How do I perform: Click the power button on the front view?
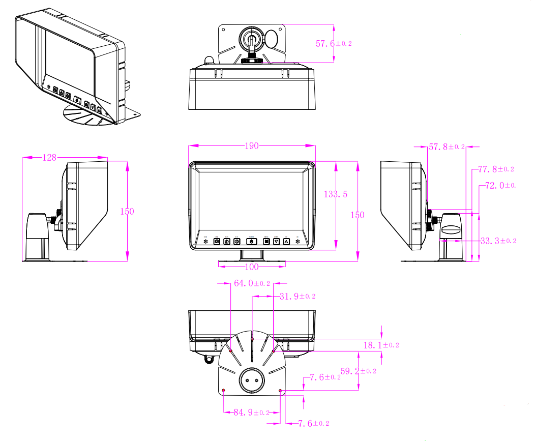coord(251,242)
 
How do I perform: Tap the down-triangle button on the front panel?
coord(276,242)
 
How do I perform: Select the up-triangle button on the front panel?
coord(286,242)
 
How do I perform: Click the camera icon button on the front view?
coord(217,242)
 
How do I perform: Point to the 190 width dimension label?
coord(252,146)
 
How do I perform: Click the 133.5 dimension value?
coord(336,194)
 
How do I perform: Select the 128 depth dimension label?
coord(49,158)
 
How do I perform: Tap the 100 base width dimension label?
coord(252,267)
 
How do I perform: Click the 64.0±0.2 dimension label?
coord(252,284)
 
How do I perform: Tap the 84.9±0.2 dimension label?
coord(251,413)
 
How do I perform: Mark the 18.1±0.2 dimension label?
coord(381,345)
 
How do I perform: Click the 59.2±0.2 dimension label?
coord(358,371)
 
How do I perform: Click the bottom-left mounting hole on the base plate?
coord(224,390)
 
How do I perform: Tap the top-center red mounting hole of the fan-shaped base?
coord(252,338)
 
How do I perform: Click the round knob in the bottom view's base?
coord(252,379)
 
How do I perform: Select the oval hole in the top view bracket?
coord(273,39)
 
